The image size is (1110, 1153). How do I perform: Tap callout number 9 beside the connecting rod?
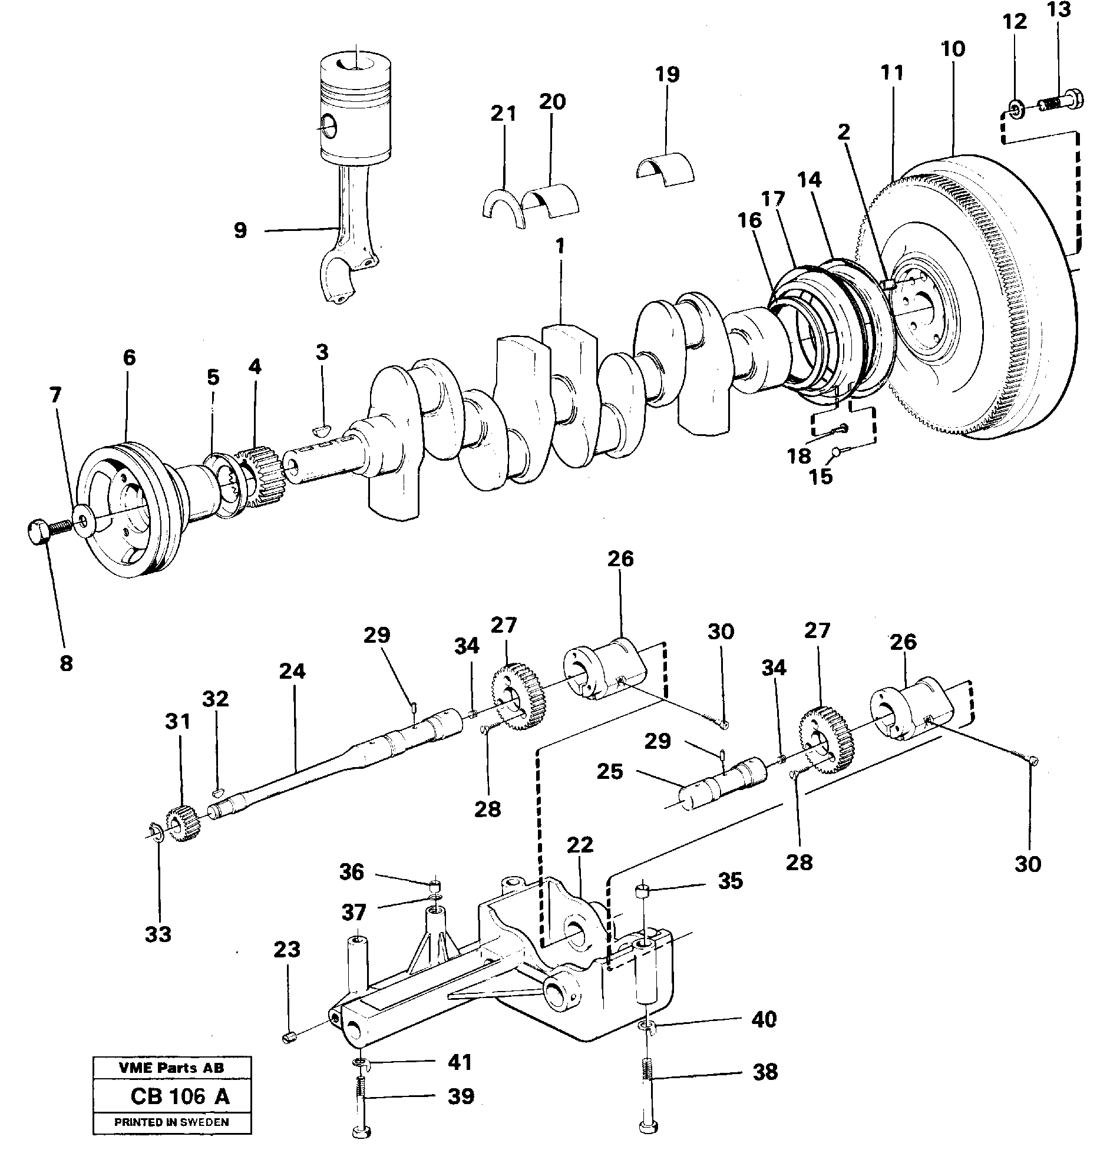tap(240, 230)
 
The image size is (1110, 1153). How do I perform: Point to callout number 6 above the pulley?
tap(129, 358)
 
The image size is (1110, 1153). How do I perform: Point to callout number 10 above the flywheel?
tap(953, 48)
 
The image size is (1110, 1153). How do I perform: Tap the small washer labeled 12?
tap(1015, 108)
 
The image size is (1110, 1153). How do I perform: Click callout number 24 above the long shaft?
tap(292, 670)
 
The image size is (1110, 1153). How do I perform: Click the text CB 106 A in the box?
tap(180, 1096)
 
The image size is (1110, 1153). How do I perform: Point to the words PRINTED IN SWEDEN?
tap(171, 1122)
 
